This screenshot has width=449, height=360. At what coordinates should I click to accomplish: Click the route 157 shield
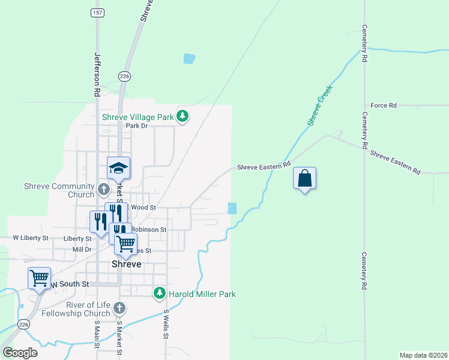pos(96,12)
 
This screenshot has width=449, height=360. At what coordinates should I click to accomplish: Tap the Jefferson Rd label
pos(96,74)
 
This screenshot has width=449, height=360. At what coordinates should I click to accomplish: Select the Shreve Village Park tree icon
pos(183,117)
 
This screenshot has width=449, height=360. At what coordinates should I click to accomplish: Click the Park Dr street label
pos(136,125)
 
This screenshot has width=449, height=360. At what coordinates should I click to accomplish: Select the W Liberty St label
pos(31,238)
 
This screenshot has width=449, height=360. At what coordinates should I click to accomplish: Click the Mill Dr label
pos(81,249)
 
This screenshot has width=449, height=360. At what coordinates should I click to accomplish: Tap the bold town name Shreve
pos(127,264)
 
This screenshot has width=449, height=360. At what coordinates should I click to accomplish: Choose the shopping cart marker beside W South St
pos(39,278)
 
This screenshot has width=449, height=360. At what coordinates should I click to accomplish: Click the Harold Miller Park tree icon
pos(160,293)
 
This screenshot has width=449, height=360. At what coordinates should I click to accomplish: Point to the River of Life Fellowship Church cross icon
pos(119,308)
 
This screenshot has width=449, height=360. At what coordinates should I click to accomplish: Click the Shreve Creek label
pos(320,106)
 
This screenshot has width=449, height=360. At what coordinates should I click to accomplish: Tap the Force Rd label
pos(384,106)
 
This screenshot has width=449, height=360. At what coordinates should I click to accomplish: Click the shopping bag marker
pos(305,178)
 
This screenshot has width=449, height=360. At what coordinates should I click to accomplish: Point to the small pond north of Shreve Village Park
pos(189,59)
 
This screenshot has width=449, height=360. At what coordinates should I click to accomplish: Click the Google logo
pos(20,352)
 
